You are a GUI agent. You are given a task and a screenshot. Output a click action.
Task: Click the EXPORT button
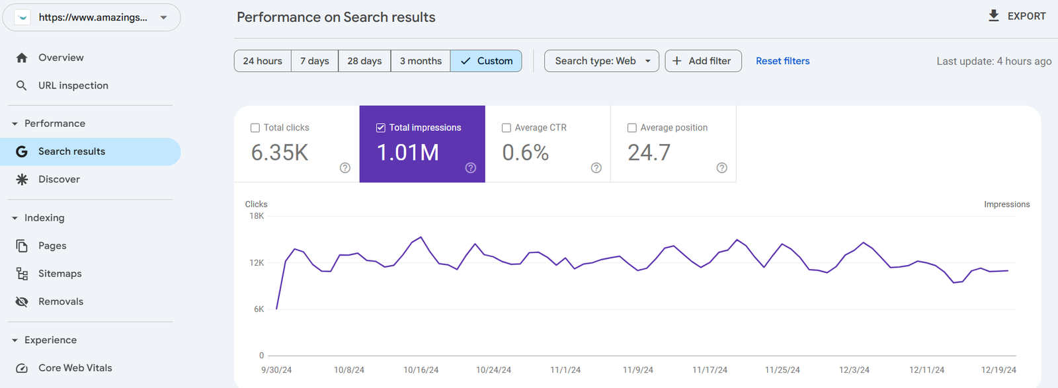pos(1017,16)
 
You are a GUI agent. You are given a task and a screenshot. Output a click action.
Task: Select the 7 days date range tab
pos(314,61)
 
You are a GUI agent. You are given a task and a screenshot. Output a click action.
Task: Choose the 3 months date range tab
pos(421,61)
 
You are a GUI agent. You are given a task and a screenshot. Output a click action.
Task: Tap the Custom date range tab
pos(486,61)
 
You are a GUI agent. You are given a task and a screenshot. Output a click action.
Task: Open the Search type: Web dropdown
pos(602,61)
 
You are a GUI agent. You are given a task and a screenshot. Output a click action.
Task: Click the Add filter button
pos(702,61)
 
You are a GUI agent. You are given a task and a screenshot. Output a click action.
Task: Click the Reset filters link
pos(782,61)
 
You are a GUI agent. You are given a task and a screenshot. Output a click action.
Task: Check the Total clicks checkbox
pos(255,128)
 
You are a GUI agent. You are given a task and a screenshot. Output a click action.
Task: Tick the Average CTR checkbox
pos(507,128)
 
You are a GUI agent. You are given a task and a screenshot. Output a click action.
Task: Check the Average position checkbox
pos(632,128)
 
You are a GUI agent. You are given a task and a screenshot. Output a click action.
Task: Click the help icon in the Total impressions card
pos(471,168)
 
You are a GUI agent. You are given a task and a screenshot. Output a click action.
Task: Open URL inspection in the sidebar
pos(73,85)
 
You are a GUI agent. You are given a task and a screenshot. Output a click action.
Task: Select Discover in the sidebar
pos(59,179)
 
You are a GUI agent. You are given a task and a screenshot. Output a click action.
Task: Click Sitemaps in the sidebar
pos(60,274)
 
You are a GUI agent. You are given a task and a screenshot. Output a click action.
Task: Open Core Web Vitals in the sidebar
pos(75,368)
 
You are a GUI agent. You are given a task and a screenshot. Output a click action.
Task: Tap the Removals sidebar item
pos(61,301)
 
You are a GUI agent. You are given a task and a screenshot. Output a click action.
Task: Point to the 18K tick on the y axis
pos(257,216)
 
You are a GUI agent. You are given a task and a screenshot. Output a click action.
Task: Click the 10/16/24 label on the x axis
pos(421,370)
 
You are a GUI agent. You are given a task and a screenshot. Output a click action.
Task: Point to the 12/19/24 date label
pos(998,370)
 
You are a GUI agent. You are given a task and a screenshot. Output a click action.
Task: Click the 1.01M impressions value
pos(408,153)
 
